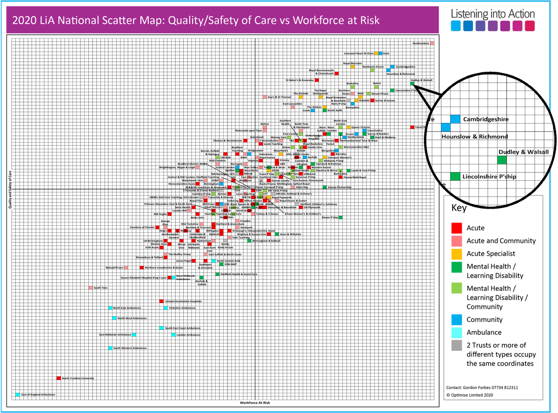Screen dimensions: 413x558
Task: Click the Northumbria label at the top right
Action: [420, 44]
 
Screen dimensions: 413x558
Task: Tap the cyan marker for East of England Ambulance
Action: [18, 394]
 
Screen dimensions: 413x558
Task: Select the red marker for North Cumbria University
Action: [59, 378]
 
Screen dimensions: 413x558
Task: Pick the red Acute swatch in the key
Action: [457, 228]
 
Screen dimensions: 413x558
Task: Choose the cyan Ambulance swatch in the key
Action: [457, 333]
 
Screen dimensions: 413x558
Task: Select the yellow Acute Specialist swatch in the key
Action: [457, 254]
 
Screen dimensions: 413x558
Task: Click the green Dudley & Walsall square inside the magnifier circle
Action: [502, 160]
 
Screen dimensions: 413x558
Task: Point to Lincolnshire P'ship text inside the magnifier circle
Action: [488, 177]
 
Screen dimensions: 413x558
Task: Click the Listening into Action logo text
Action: [492, 13]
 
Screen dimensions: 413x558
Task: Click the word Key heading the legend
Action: [459, 208]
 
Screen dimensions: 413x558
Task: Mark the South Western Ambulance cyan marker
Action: [110, 348]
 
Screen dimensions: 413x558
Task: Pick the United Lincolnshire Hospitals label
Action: [184, 301]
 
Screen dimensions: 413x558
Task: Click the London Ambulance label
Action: [188, 334]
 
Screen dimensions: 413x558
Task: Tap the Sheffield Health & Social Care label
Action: [239, 274]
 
